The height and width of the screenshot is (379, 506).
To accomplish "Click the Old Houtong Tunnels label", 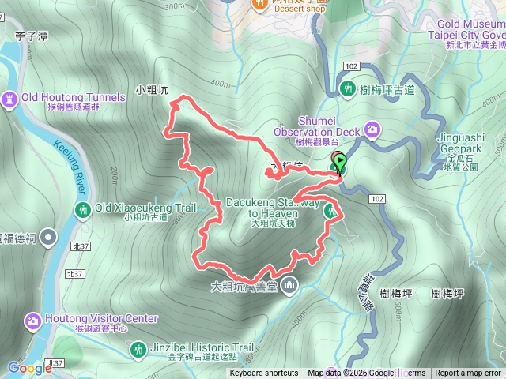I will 74,98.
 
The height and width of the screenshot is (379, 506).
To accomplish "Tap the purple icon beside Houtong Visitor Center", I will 33,320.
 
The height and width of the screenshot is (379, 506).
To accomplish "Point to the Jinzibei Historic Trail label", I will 203,347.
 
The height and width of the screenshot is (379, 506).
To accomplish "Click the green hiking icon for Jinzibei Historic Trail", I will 139,348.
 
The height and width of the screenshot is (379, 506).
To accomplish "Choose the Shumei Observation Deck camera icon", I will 372,130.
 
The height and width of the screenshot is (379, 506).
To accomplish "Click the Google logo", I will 29,368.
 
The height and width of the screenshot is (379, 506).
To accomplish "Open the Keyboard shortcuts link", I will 264,373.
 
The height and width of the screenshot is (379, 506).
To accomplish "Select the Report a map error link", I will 468,373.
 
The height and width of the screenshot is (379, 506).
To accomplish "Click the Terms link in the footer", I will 414,373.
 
